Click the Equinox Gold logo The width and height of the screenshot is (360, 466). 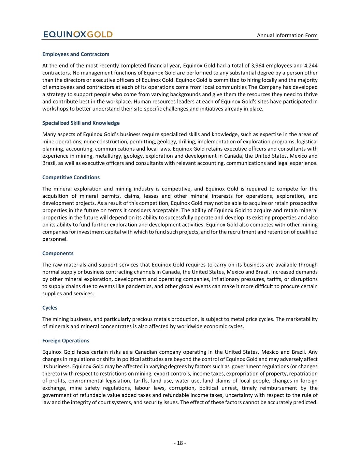click(x=78, y=34)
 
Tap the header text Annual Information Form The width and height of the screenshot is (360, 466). click(x=287, y=35)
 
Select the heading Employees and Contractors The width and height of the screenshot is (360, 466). click(x=76, y=54)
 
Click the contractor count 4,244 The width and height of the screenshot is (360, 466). click(x=310, y=66)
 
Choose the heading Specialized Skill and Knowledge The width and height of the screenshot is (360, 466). click(x=81, y=123)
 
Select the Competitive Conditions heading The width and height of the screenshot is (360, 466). click(x=71, y=178)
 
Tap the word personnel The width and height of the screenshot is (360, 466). click(x=54, y=239)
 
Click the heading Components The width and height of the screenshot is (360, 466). click(x=58, y=253)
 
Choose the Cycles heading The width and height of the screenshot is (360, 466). click(x=50, y=308)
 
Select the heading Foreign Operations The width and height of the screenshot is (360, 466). click(x=66, y=341)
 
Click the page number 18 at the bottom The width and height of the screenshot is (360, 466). click(x=180, y=443)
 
